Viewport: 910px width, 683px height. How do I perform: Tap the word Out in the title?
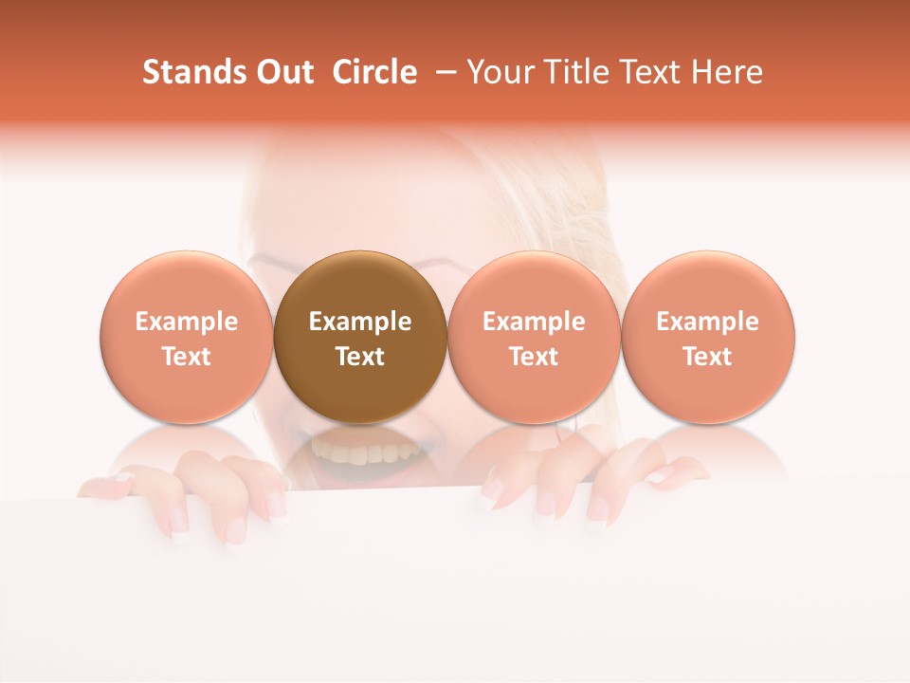point(282,72)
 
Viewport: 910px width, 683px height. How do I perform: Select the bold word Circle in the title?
point(374,72)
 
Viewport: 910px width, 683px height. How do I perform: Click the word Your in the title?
point(499,72)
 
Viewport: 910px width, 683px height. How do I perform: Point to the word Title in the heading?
point(574,72)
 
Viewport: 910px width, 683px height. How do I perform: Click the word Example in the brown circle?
point(360,322)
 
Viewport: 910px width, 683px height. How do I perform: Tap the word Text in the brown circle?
point(360,357)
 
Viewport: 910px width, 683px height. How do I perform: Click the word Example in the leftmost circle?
point(186,322)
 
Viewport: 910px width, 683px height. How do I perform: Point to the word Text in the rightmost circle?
point(708,357)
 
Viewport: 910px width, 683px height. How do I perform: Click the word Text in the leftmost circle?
point(186,357)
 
